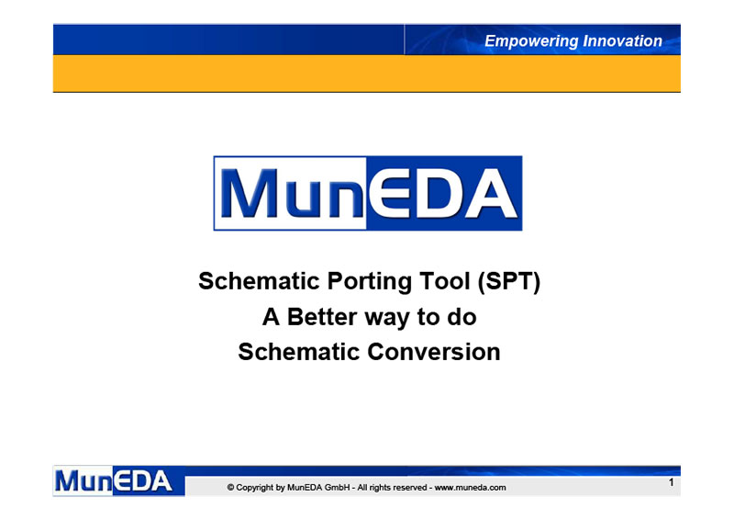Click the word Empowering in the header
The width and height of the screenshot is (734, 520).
pos(531,41)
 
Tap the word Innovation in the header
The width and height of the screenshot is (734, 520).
pos(623,40)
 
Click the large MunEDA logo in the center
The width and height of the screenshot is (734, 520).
pos(368,193)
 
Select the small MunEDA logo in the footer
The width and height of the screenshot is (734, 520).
pos(119,480)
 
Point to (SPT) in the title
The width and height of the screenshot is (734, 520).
pos(509,281)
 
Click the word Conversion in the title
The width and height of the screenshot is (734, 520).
pos(434,352)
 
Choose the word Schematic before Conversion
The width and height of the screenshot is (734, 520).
pos(299,352)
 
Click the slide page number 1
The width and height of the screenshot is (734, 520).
pos(671,482)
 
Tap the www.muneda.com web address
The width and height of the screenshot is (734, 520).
pos(470,488)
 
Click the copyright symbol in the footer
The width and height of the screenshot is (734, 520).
pos(231,488)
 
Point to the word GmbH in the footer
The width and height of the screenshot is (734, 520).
pos(337,488)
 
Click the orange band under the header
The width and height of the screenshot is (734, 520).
pos(366,73)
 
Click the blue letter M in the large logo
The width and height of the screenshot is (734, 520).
pos(249,193)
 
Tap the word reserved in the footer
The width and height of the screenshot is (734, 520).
pos(410,488)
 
